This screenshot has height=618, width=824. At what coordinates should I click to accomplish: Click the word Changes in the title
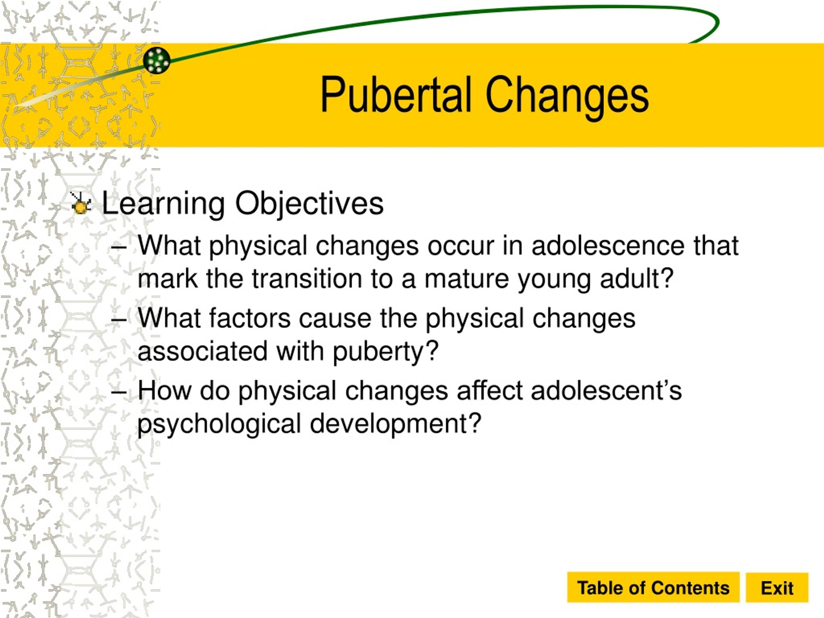pos(567,97)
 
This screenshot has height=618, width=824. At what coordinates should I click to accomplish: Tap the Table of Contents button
pos(653,588)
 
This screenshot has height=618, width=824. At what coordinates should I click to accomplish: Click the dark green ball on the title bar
pos(156,60)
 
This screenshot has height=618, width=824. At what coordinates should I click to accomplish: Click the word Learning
pos(163,203)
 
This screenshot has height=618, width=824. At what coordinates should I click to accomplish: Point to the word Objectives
pos(309,203)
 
